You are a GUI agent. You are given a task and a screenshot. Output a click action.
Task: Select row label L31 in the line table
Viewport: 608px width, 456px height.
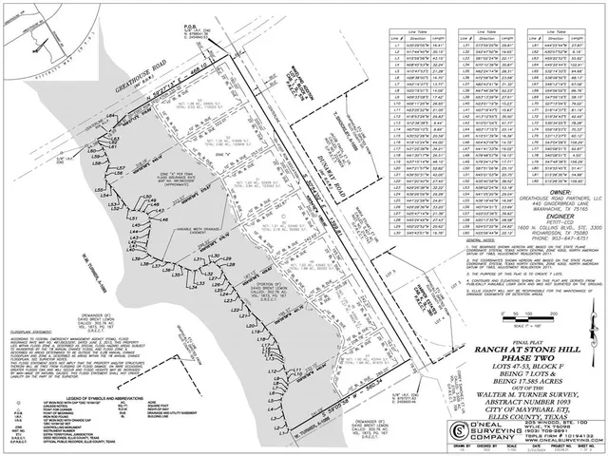(x=465, y=45)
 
